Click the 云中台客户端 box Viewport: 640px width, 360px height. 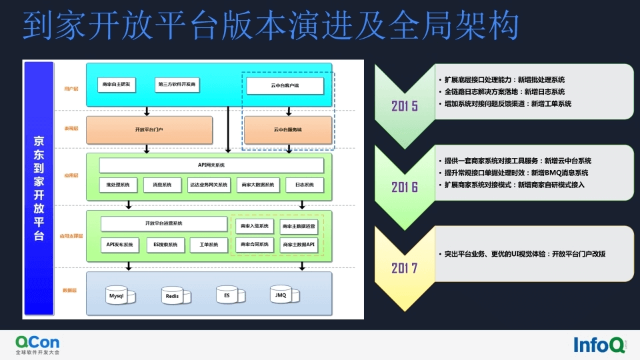click(x=285, y=85)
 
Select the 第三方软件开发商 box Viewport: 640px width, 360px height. click(x=177, y=85)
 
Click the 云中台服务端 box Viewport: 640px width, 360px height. click(x=288, y=129)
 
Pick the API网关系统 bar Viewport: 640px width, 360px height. click(x=211, y=165)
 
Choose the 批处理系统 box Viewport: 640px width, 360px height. click(x=118, y=185)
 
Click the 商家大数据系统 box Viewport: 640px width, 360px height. click(x=257, y=185)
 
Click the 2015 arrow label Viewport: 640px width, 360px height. click(x=405, y=106)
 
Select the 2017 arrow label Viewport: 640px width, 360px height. click(x=405, y=269)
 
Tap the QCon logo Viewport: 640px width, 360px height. click(x=37, y=345)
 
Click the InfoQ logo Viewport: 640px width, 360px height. click(x=599, y=344)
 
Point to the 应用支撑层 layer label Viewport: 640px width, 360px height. click(x=71, y=236)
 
